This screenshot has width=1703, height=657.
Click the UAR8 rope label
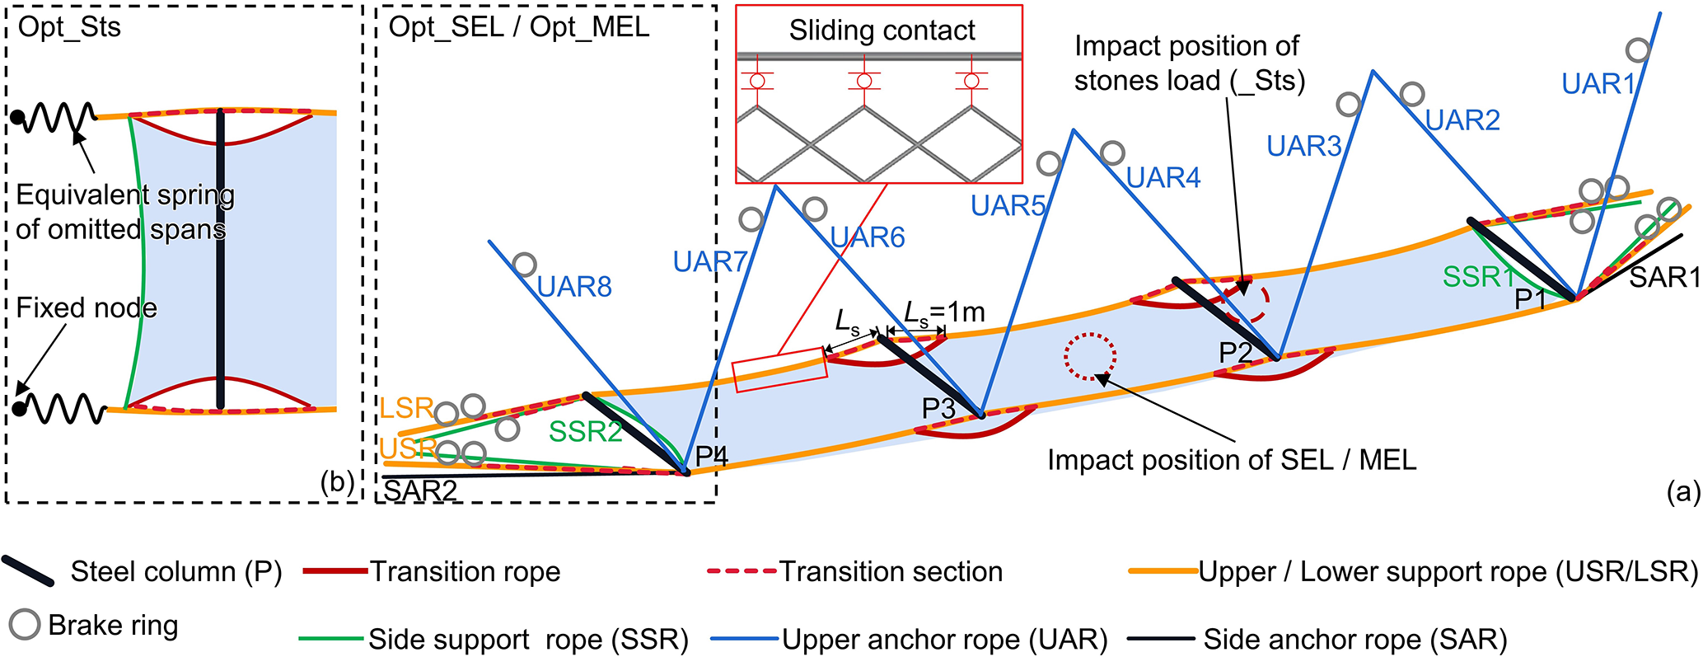point(574,287)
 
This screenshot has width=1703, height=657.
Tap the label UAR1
point(1598,84)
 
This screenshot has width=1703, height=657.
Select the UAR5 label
point(1008,205)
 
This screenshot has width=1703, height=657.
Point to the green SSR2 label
point(585,431)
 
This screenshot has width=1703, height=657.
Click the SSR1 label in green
point(1478,277)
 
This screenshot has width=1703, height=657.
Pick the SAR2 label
point(420,490)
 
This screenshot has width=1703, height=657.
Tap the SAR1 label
point(1664,278)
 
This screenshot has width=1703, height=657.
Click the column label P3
point(938,408)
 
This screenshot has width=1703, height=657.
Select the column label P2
point(1236,353)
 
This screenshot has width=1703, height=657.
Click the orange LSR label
point(405,407)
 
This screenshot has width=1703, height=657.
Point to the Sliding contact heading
point(882,31)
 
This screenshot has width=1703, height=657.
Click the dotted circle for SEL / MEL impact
point(1090,357)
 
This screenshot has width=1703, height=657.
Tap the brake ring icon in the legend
point(25,625)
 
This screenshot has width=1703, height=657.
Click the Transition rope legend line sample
point(335,571)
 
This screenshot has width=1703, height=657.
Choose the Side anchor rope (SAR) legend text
point(1355,639)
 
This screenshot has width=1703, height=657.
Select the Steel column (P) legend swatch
point(28,570)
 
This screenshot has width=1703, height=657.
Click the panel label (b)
point(337,482)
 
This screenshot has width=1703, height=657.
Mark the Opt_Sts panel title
point(69,27)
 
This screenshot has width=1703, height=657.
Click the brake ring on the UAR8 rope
point(524,265)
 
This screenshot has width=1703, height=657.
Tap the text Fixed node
point(87,308)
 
